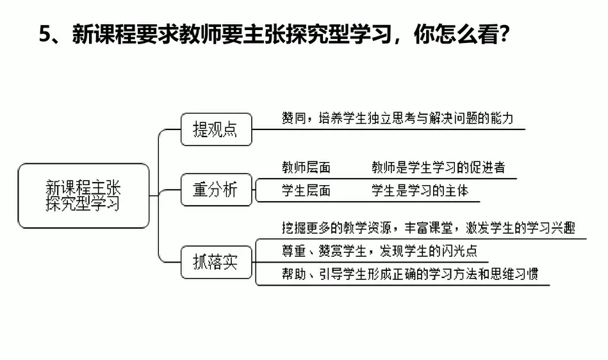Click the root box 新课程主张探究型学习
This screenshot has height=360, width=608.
tap(83, 195)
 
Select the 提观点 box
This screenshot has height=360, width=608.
tap(215, 129)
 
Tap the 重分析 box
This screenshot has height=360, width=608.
tap(215, 190)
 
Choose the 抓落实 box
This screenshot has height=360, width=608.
tap(215, 262)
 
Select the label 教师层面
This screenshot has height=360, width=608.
tap(306, 168)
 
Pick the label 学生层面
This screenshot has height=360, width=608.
tap(306, 190)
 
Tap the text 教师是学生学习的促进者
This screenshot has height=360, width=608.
tap(438, 168)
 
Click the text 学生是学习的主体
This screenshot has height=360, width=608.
tap(420, 190)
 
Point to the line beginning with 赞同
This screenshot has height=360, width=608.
tap(397, 119)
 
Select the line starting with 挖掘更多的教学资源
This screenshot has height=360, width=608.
tap(428, 228)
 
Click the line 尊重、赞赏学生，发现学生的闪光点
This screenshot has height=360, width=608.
tap(379, 250)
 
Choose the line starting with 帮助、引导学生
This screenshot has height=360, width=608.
tap(409, 274)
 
